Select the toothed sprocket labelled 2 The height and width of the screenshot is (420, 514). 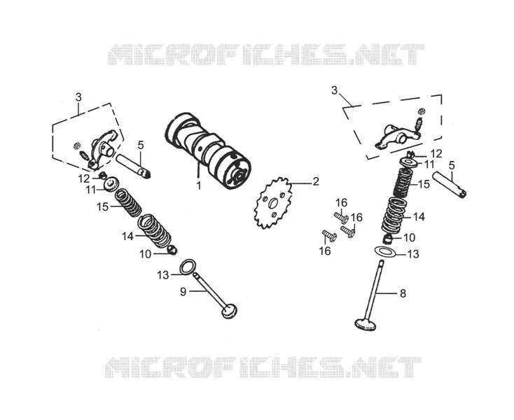point(273,202)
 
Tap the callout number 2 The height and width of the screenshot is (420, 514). point(315,181)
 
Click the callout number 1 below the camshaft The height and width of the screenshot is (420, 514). point(199,185)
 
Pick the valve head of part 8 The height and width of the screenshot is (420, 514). point(366,323)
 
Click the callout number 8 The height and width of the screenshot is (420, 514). point(403,293)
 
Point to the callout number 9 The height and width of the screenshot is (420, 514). point(183,291)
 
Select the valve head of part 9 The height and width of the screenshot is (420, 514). point(229,311)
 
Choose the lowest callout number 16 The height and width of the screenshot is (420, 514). point(325,251)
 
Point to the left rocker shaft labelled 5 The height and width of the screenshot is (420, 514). point(133,166)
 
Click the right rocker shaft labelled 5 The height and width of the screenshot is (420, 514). point(449,185)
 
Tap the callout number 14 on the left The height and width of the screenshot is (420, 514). point(128,236)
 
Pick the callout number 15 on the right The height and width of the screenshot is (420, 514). point(424,184)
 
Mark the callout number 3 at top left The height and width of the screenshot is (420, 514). point(78,97)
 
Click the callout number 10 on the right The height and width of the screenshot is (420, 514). point(410,237)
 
